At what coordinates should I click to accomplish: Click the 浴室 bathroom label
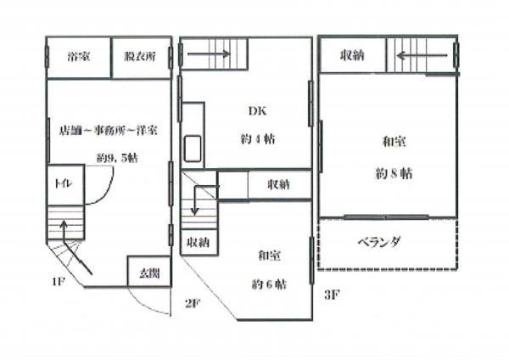[x=79, y=57]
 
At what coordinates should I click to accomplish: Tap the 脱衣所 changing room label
[x=140, y=57]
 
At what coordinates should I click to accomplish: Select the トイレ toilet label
[x=62, y=183]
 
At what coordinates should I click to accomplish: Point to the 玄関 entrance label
[x=149, y=273]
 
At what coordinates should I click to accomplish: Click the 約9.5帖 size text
[x=117, y=158]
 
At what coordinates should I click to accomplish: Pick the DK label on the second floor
[x=258, y=111]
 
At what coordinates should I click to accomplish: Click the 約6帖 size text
[x=270, y=283]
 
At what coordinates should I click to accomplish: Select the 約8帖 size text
[x=394, y=174]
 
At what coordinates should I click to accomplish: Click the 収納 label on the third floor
[x=353, y=56]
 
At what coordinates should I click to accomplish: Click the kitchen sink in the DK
[x=193, y=149]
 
